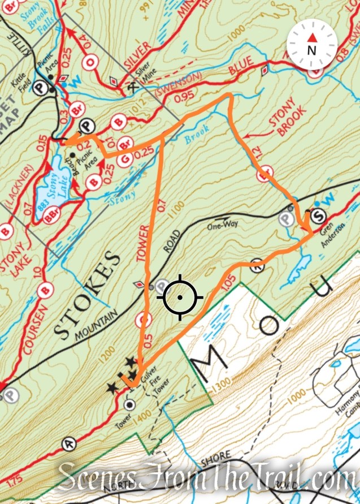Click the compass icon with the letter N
pyautogui.click(x=311, y=44)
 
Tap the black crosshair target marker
pyautogui.click(x=180, y=297)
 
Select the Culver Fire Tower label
pyautogui.click(x=149, y=389)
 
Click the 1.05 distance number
pyautogui.click(x=228, y=281)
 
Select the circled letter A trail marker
pyautogui.click(x=70, y=443)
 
